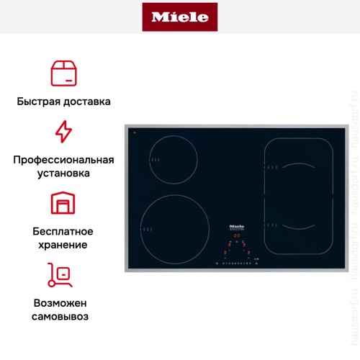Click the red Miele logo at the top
pos(180,17)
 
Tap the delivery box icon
pos(63,73)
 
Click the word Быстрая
pos(40,102)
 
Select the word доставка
pos(87,102)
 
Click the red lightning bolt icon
pos(63,132)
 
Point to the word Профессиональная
pos(63,159)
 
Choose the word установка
pos(63,174)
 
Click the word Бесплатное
pos(63,231)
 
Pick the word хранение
pos(63,245)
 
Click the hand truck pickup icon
pos(63,274)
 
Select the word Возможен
pos(63,302)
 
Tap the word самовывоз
pos(63,317)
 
